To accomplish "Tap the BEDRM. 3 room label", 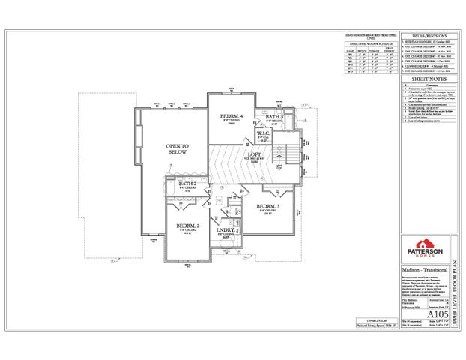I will pyautogui.click(x=267, y=205).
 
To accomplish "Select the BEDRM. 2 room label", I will pyautogui.click(x=187, y=225).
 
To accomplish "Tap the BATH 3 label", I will pyautogui.click(x=272, y=118).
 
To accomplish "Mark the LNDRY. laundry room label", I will pyautogui.click(x=227, y=232).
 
